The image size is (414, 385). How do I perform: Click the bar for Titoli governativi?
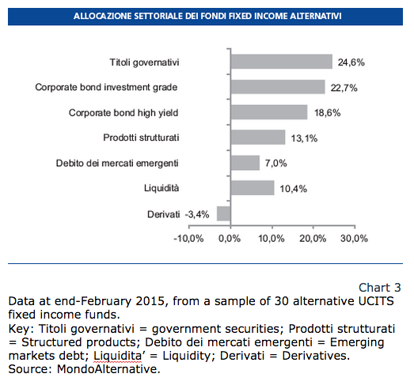click(282, 62)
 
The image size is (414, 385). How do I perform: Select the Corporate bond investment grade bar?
click(278, 87)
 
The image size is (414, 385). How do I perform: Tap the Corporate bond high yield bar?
click(269, 112)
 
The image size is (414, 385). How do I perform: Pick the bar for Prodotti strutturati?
click(258, 137)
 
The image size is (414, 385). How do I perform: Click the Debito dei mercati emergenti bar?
click(245, 163)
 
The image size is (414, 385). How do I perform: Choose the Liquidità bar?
click(253, 187)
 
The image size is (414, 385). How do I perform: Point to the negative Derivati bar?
click(224, 213)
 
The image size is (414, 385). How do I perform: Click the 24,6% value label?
click(351, 62)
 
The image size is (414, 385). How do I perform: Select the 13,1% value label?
click(304, 138)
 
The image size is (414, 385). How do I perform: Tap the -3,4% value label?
click(197, 214)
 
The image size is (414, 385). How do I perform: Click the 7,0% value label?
click(276, 163)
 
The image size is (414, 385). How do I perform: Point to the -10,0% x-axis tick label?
click(188, 239)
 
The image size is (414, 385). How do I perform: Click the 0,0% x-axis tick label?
click(230, 239)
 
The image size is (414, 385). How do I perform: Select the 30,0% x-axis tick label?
click(354, 239)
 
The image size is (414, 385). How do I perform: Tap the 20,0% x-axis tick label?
click(313, 239)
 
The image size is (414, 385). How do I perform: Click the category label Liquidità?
click(161, 188)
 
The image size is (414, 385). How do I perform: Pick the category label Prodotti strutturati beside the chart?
click(141, 138)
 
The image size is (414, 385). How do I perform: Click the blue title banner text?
click(207, 16)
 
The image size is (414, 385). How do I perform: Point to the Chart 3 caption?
click(380, 288)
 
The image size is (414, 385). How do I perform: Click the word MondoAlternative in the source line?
click(108, 368)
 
